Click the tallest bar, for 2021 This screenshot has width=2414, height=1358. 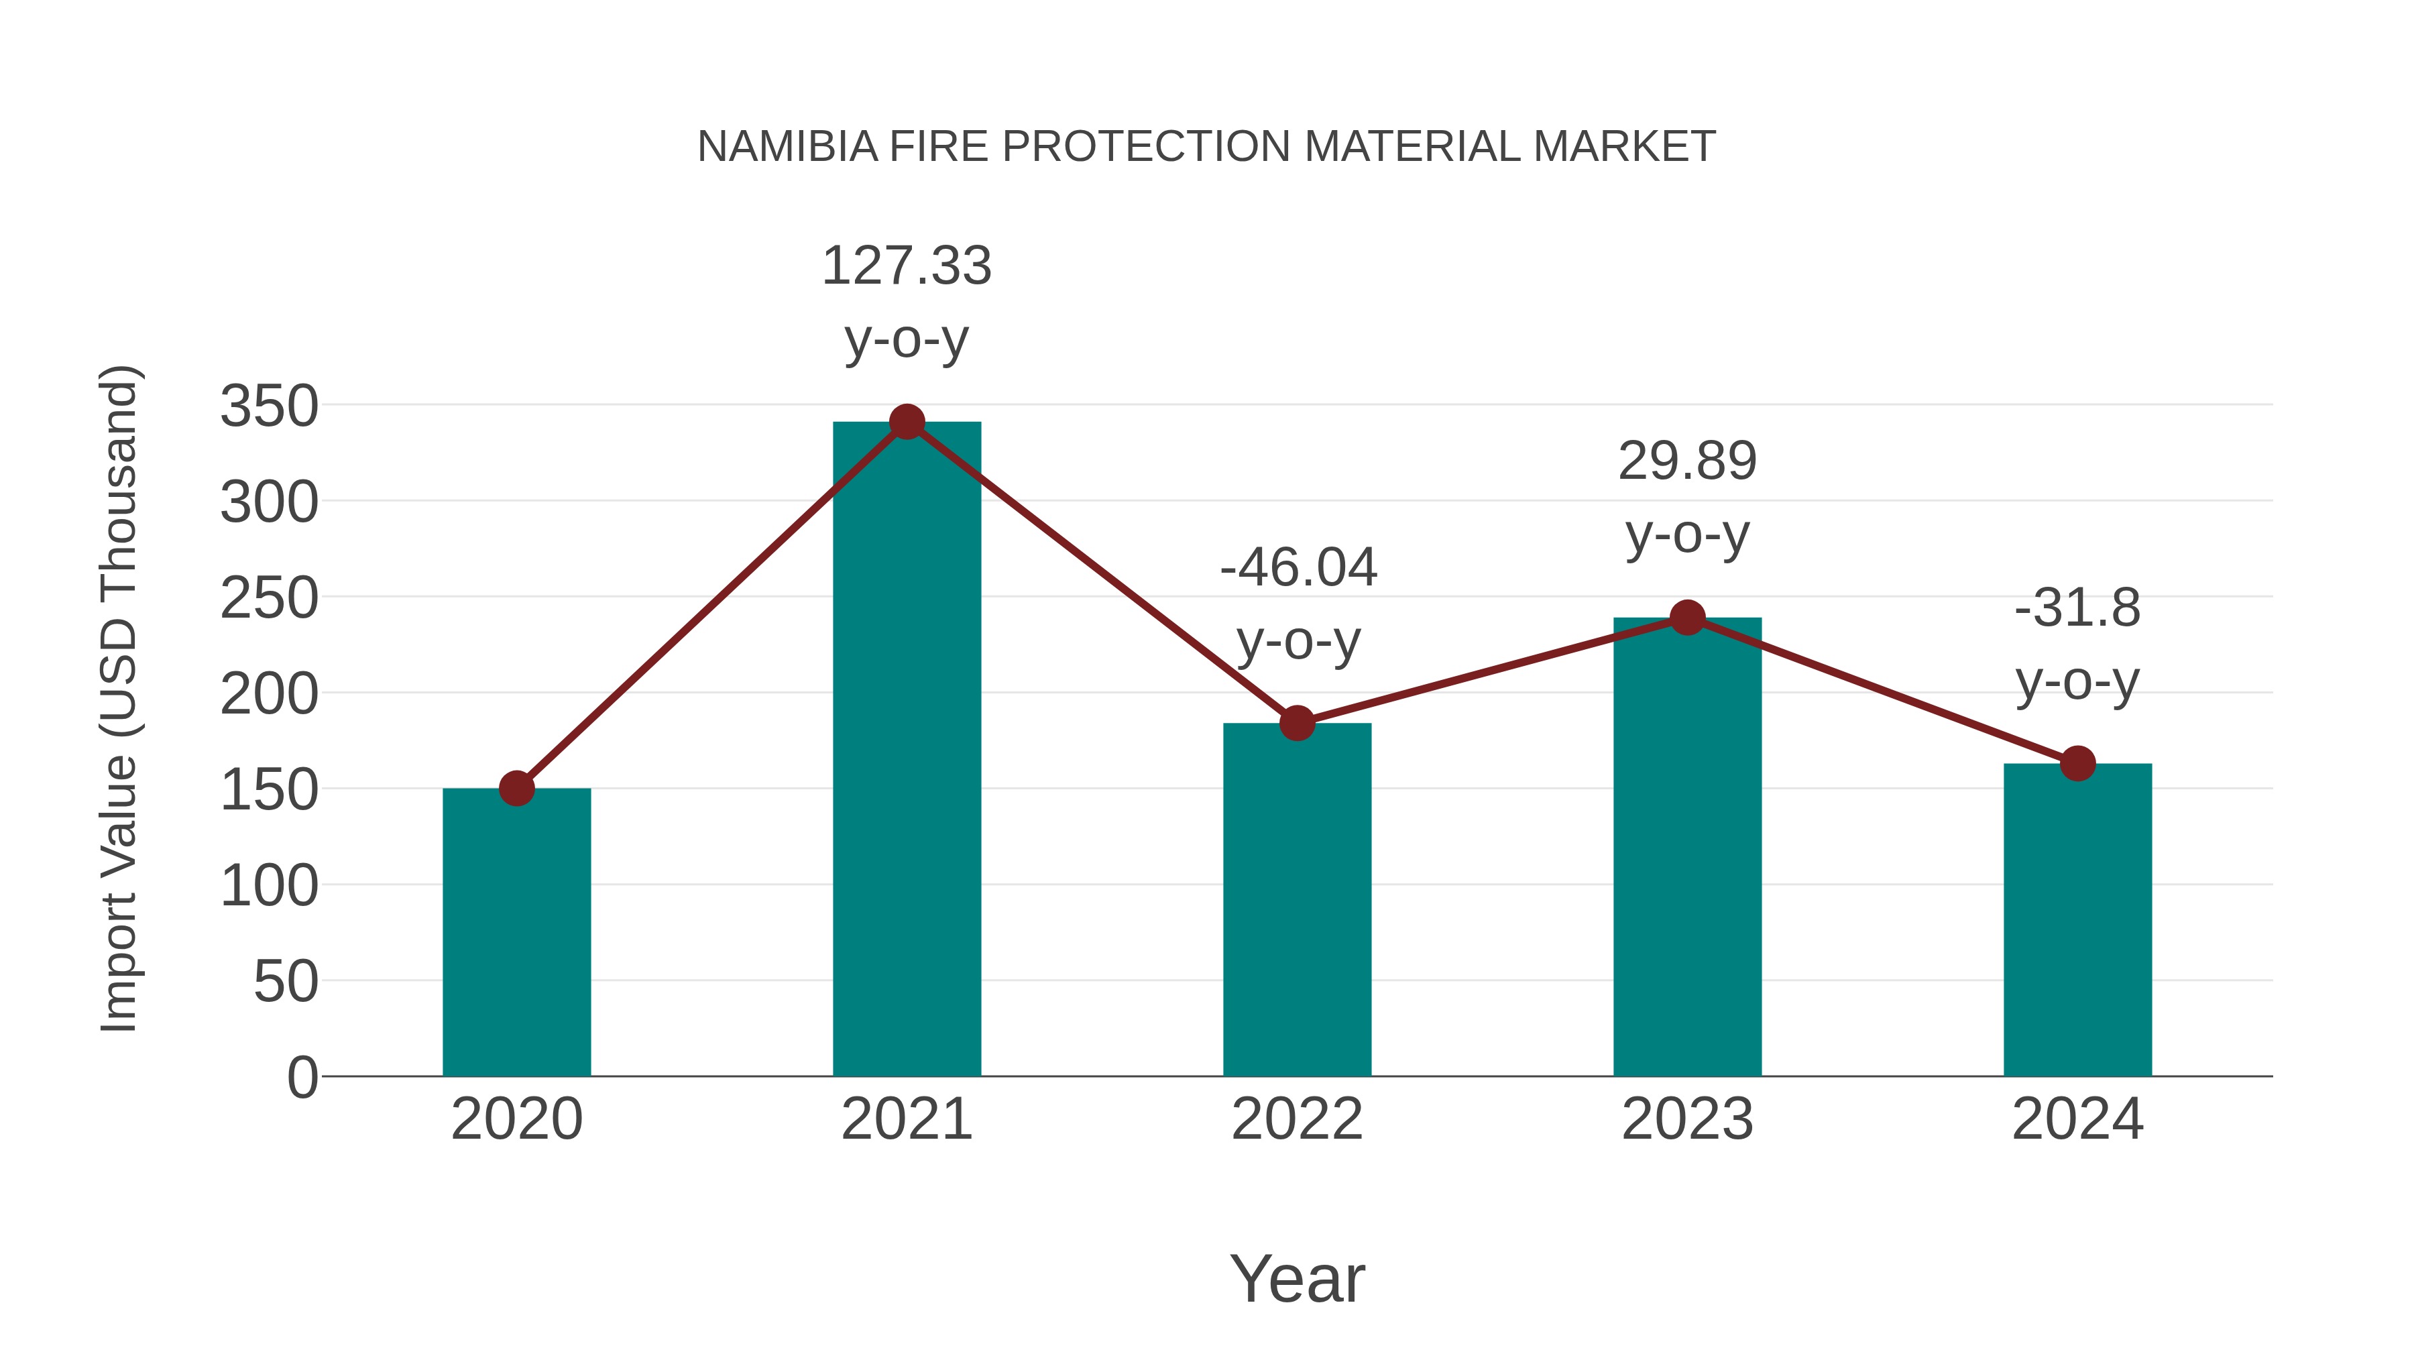pyautogui.click(x=906, y=750)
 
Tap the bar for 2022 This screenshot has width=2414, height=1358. pyautogui.click(x=1297, y=900)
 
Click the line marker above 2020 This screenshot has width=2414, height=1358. pyautogui.click(x=516, y=788)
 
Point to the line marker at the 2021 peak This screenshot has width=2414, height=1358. pyautogui.click(x=906, y=422)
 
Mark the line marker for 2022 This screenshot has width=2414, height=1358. pyautogui.click(x=1297, y=722)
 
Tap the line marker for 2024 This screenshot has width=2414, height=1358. pyautogui.click(x=2077, y=764)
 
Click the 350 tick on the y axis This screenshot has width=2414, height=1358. pyautogui.click(x=269, y=407)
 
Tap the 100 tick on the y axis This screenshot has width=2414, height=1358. pyautogui.click(x=269, y=886)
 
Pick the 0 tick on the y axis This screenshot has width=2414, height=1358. pyautogui.click(x=302, y=1077)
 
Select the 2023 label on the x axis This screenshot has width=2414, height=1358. pyautogui.click(x=1687, y=1119)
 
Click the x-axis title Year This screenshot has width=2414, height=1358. pyautogui.click(x=1297, y=1278)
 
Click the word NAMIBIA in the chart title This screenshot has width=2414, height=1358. pyautogui.click(x=787, y=147)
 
